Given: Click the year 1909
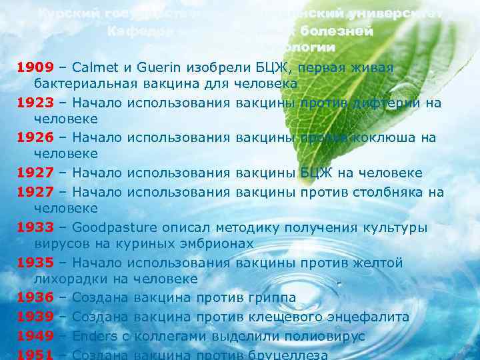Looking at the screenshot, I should (x=35, y=68).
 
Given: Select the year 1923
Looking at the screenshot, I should (x=35, y=103).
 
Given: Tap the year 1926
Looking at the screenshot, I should (x=35, y=138).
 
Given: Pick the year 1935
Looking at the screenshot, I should (x=35, y=263).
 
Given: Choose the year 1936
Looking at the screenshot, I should (x=35, y=297).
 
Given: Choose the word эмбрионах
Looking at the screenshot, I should (x=211, y=245).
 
